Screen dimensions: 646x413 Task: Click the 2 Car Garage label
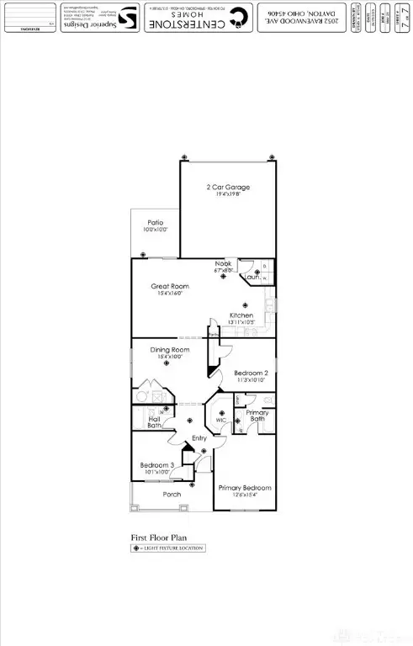pos(228,187)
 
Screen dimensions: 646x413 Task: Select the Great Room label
pos(168,286)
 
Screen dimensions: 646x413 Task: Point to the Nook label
pos(223,264)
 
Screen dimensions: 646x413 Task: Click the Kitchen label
pos(242,316)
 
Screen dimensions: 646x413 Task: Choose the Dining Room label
pos(170,349)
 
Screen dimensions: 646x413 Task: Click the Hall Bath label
pos(155,422)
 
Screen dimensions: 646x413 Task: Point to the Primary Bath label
pos(257,416)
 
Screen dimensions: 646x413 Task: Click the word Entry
pos(199,438)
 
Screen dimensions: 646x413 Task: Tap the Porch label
pos(172,494)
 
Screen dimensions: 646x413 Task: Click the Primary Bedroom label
pos(245,488)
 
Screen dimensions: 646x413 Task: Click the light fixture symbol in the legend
pos(135,548)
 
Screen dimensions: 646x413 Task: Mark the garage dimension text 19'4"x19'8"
pos(228,194)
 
